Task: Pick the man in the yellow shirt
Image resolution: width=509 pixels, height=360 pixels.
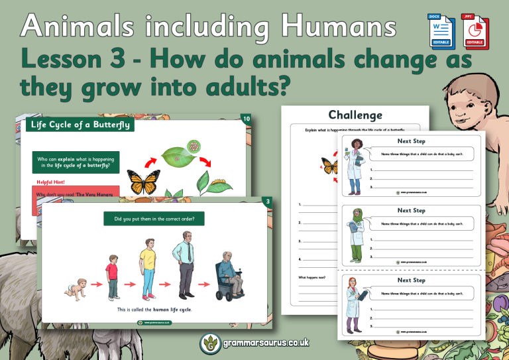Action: pyautogui.click(x=146, y=268)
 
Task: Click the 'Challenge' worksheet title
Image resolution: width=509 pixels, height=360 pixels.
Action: pyautogui.click(x=355, y=115)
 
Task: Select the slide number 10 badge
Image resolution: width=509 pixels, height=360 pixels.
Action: pyautogui.click(x=246, y=119)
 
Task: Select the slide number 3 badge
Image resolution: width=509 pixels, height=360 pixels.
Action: pyautogui.click(x=267, y=201)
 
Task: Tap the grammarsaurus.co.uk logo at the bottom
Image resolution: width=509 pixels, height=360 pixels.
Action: pyautogui.click(x=254, y=343)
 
